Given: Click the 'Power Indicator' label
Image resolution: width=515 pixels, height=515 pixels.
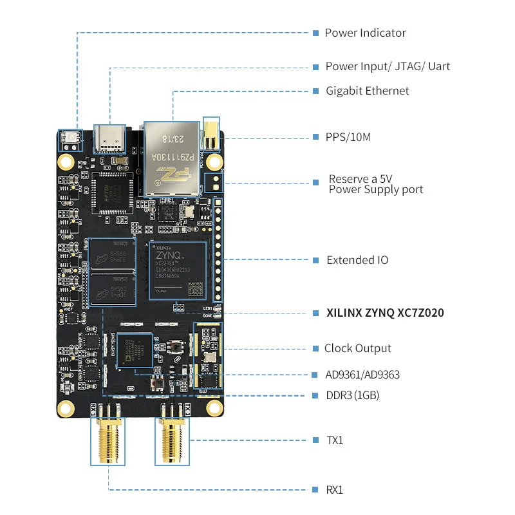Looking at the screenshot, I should pos(365,33).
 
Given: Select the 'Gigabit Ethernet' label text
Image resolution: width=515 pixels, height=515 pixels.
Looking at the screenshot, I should pos(367,91).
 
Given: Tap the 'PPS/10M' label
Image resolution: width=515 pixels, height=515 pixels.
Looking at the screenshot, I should pos(348,137).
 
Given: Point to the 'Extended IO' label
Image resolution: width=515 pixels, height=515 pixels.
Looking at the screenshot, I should pos(357,260).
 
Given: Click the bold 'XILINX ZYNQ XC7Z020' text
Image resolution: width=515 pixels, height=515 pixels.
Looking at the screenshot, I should pos(385,313).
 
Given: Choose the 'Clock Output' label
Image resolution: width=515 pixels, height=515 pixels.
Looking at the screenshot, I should pos(357,348).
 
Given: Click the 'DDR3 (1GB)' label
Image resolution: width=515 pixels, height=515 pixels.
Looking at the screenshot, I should pos(352,395).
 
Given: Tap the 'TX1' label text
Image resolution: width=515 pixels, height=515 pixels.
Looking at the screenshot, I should pos(335,440).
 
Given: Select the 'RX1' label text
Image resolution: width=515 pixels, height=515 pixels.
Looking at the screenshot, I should pos(335,490).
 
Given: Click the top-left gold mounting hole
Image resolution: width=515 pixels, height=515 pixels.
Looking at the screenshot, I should pos(66,160).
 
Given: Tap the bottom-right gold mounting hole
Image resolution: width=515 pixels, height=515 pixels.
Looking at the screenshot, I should pos(213,407).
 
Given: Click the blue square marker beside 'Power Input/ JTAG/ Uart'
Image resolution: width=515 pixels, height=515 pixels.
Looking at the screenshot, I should pos(316,67).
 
